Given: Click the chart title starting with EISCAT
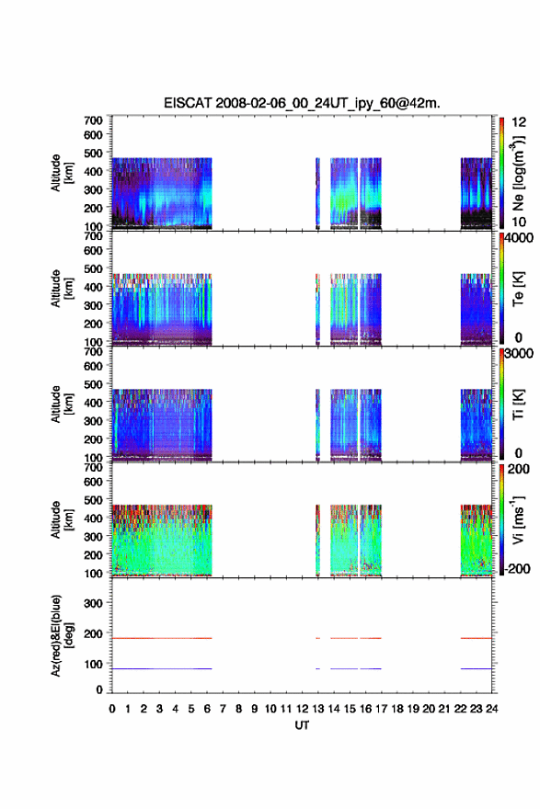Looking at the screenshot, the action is point(302,103).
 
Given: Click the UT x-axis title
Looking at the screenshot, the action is point(302,725).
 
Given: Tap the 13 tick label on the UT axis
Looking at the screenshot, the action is point(318,709).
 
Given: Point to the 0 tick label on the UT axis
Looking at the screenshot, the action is point(112,709).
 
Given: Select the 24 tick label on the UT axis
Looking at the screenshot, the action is point(492,709).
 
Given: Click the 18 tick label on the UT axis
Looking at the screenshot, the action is point(397,709).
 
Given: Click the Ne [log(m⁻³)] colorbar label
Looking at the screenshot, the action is point(518,174).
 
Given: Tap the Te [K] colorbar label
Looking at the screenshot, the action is point(518,289).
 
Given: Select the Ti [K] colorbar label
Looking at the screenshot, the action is point(518,404).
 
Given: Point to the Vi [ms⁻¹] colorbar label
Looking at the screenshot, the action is point(518,519).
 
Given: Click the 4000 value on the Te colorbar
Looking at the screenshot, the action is point(518,238).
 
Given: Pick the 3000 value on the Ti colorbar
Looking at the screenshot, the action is point(518,353).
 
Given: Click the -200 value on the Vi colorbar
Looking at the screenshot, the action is point(516,568).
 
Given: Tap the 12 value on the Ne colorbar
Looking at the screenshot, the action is point(518,122).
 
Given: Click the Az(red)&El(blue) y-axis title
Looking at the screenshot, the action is point(61,635).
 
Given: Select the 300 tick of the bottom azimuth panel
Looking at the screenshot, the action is point(93,603).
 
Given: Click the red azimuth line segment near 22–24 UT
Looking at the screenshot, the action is point(476,638).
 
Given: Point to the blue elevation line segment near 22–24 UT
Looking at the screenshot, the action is point(476,668).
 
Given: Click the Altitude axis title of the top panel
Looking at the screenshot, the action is point(62,173).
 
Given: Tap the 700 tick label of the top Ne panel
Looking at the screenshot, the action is point(93,120).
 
